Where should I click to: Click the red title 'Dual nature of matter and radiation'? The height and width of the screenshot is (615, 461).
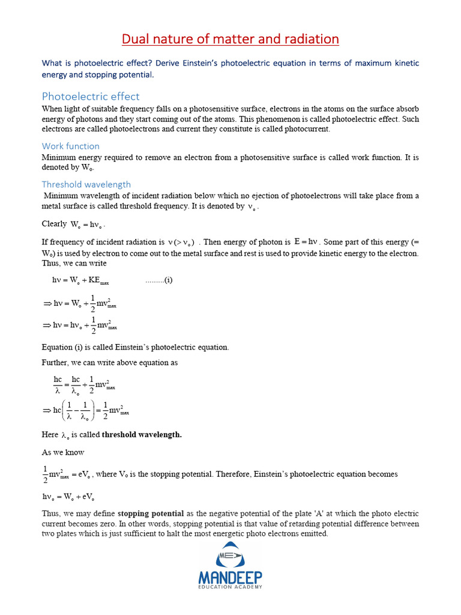(230, 40)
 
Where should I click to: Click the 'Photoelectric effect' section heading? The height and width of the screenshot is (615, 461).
(91, 96)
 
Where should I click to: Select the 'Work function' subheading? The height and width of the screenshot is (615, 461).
(71, 146)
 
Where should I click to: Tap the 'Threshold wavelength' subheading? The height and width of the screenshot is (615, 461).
(86, 184)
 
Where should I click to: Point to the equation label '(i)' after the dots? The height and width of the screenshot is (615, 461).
(167, 280)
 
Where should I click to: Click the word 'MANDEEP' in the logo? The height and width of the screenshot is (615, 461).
(230, 578)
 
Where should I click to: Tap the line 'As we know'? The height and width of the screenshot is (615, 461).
(63, 452)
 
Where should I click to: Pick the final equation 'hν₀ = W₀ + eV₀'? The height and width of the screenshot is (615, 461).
(68, 497)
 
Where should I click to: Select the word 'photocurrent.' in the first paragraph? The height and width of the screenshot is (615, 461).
(306, 129)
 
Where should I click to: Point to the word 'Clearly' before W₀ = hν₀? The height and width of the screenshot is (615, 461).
(54, 224)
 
